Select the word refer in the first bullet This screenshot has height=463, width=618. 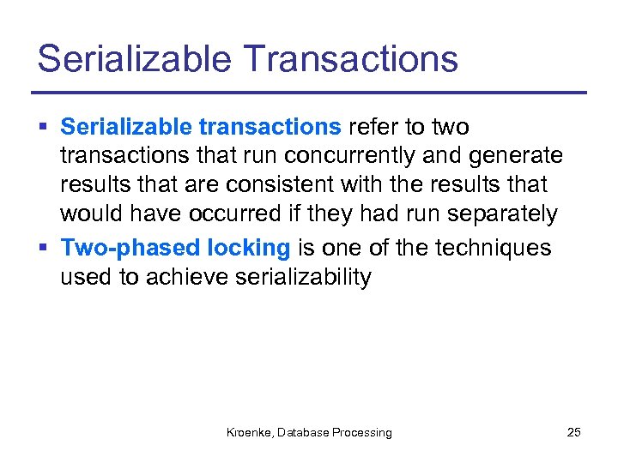[x=373, y=128]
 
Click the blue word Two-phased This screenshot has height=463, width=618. [x=130, y=249]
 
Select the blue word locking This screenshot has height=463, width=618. [x=250, y=249]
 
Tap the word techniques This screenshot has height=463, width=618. [x=494, y=248]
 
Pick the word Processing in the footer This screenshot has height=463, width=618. [x=360, y=433]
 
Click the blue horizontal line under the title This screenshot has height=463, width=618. [x=309, y=93]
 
